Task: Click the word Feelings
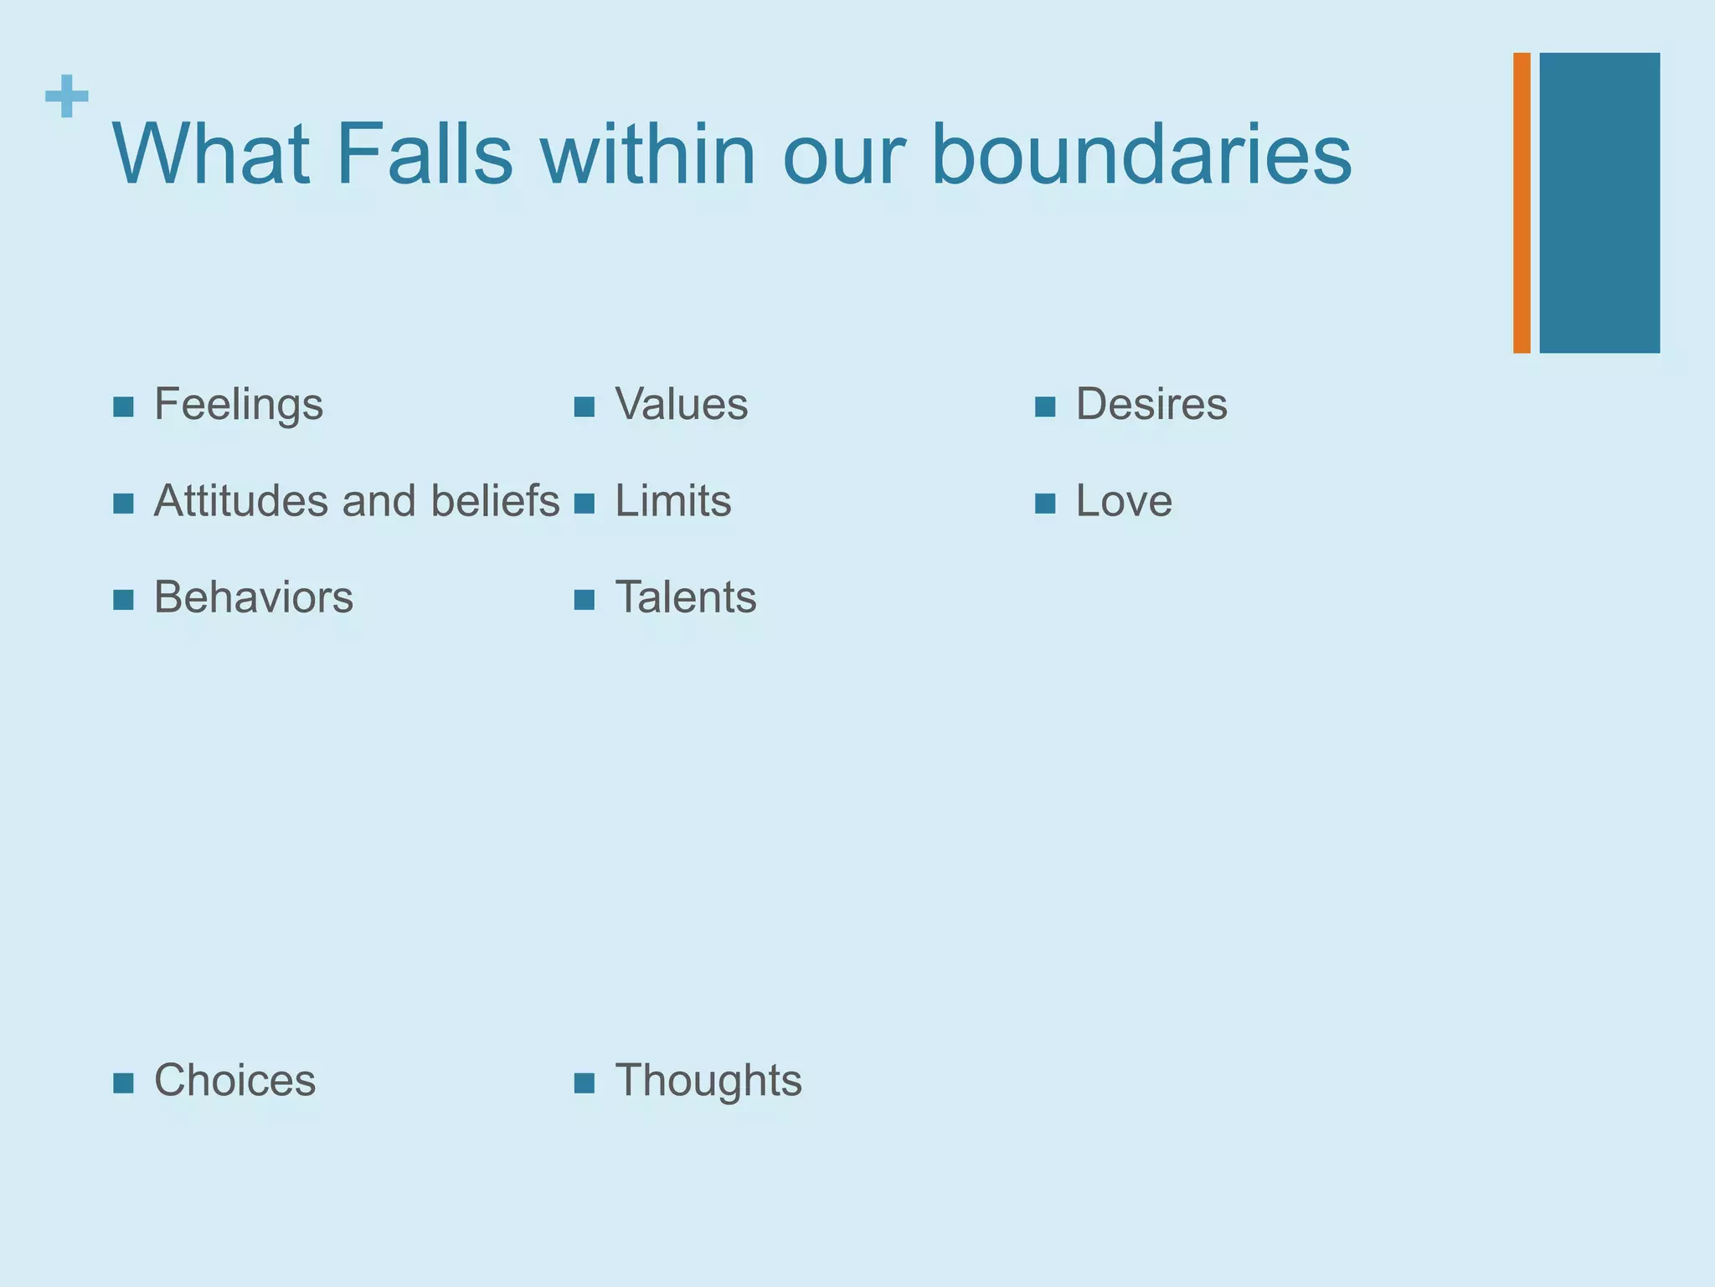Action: click(x=239, y=406)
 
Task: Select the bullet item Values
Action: click(x=681, y=405)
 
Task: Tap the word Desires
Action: click(x=1151, y=405)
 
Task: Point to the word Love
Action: click(x=1123, y=502)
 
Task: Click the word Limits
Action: click(x=672, y=502)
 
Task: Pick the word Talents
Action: click(x=685, y=598)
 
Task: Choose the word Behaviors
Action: click(x=253, y=598)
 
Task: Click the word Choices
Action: click(x=234, y=1081)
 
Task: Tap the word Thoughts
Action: click(x=708, y=1081)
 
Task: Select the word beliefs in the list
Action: click(x=495, y=502)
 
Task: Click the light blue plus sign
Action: click(x=67, y=96)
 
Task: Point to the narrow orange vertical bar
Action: click(x=1522, y=203)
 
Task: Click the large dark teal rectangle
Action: click(x=1599, y=203)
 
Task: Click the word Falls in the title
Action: click(x=424, y=155)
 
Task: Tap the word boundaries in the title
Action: click(x=1141, y=155)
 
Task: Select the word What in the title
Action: click(x=212, y=155)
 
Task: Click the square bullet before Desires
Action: click(x=1044, y=408)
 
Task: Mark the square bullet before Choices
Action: click(x=123, y=1084)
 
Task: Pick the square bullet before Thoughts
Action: click(x=584, y=1084)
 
